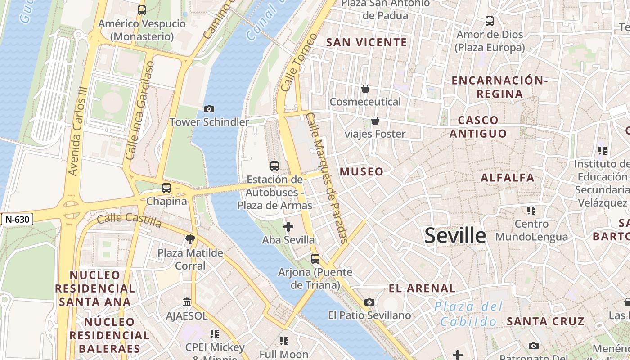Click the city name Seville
pos(455,235)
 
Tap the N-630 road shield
pos(17,220)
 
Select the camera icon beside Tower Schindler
pos(209,109)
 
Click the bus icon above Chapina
pos(166,188)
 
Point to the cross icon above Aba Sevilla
pos(288,227)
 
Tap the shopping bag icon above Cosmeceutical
pos(365,89)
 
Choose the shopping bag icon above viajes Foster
pos(375,121)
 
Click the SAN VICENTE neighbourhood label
pos(366,43)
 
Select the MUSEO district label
pos(362,171)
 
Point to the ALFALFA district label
pos(508,178)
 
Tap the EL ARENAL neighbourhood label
pos(422,288)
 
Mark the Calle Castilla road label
pos(129,220)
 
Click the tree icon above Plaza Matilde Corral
pos(190,239)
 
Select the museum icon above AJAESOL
pos(187,302)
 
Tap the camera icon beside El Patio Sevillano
pos(369,302)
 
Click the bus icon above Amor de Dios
pos(489,21)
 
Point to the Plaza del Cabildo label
pos(468,314)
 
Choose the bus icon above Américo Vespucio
pos(142,10)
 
